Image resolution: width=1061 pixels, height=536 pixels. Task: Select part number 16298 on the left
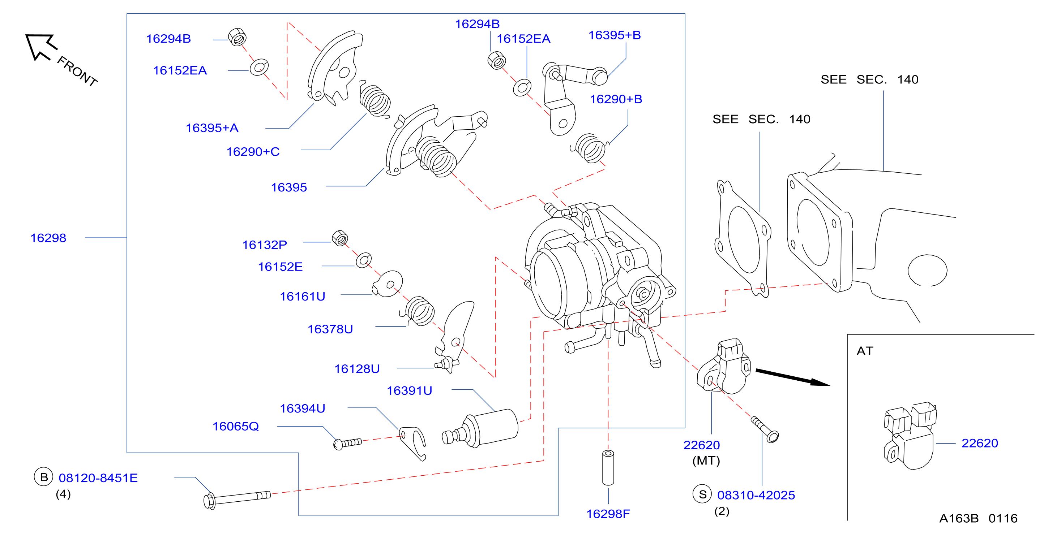point(48,238)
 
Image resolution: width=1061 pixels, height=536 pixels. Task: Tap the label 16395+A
point(212,128)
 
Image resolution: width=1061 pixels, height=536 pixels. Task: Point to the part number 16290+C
point(253,152)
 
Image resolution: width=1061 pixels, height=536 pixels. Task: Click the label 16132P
point(264,245)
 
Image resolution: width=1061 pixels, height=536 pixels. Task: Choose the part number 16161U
point(303,297)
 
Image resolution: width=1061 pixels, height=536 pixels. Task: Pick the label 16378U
point(330,329)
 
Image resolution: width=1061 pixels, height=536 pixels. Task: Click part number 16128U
point(357,369)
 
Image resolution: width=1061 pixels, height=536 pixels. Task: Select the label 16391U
point(410,391)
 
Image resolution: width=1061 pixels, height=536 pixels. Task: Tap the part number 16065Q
point(236,427)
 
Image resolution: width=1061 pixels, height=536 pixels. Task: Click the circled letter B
point(44,477)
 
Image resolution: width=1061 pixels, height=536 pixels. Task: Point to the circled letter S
point(702,494)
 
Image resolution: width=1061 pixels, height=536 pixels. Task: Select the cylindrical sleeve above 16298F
point(608,468)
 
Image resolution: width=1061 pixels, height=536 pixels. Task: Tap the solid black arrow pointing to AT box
point(793,377)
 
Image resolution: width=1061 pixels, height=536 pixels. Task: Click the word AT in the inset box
point(865,351)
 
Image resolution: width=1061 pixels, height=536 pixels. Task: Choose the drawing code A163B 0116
point(978,518)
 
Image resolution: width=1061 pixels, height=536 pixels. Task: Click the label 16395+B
point(615,35)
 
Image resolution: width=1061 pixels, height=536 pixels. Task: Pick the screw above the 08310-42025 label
point(765,429)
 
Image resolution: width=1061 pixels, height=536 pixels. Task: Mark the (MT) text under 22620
point(706,461)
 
